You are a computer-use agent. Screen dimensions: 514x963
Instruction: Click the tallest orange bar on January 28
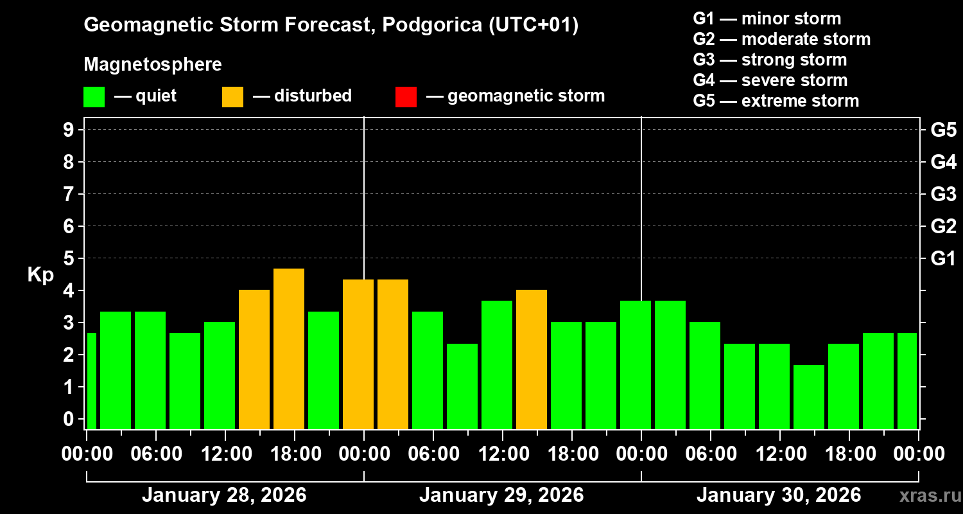point(288,349)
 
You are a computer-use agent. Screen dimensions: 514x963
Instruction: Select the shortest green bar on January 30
point(808,397)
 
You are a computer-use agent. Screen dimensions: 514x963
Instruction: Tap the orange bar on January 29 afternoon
point(531,359)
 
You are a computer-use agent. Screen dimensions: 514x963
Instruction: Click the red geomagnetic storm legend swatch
point(406,96)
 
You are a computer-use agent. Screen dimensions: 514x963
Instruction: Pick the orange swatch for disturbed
point(232,96)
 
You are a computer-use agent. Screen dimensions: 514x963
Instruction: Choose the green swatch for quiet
point(94,96)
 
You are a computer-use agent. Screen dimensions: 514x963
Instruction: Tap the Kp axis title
point(40,275)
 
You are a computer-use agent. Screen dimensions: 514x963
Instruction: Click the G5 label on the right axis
point(943,130)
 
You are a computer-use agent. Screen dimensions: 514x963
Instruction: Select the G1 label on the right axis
point(943,258)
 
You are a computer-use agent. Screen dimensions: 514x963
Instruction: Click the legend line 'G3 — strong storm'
point(770,60)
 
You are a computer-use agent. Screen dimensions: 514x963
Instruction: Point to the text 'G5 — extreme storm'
point(776,101)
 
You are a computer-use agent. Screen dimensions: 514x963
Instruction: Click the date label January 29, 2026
point(501,495)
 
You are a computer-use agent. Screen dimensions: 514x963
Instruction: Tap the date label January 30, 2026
point(779,495)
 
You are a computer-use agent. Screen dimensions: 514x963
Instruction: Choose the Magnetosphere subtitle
point(153,64)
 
